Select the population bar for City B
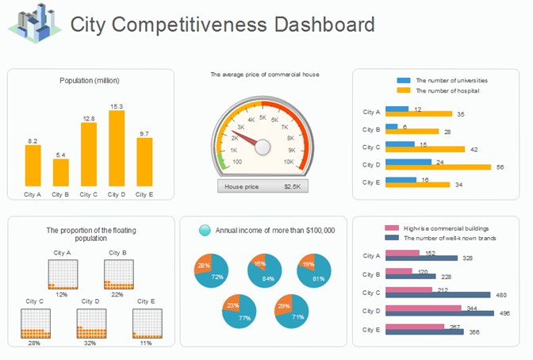[61, 172]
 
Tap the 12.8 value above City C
[88, 118]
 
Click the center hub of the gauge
[262, 147]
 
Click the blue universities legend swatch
[404, 81]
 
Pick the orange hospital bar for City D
[448, 167]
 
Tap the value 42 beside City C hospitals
[474, 149]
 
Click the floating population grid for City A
[62, 274]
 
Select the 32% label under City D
[90, 344]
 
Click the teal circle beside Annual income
[205, 230]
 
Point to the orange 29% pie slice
[282, 305]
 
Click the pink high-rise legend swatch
[391, 228]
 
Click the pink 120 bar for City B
[398, 271]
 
